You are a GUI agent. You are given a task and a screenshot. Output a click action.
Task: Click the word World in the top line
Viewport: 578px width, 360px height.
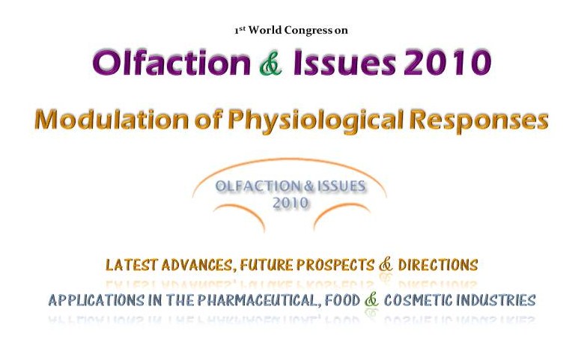pyautogui.click(x=265, y=30)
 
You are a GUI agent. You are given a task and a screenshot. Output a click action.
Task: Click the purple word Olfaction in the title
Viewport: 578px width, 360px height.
pyautogui.click(x=171, y=63)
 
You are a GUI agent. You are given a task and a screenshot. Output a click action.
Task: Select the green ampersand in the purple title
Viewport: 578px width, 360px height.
pyautogui.click(x=271, y=64)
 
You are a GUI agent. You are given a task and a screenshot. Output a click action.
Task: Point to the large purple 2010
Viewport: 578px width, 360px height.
pyautogui.click(x=448, y=63)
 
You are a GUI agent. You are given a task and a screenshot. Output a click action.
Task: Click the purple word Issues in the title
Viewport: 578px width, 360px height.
pyautogui.click(x=344, y=63)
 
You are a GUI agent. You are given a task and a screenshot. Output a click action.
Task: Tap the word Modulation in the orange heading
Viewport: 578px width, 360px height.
pyautogui.click(x=112, y=120)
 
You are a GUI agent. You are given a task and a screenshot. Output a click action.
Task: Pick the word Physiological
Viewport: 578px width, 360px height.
pyautogui.click(x=314, y=120)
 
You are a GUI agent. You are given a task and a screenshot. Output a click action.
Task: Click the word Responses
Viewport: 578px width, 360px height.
pyautogui.click(x=479, y=120)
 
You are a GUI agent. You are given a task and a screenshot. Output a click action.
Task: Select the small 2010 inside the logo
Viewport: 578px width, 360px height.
pyautogui.click(x=290, y=203)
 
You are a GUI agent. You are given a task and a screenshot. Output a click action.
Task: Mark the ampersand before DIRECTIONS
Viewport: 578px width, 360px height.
pyautogui.click(x=386, y=264)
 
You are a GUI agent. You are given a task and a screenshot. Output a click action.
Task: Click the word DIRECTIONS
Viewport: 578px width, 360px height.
pyautogui.click(x=438, y=265)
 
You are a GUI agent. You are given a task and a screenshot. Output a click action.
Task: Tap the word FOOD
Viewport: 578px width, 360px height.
pyautogui.click(x=342, y=300)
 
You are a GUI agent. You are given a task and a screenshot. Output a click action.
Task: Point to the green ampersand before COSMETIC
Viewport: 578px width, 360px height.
pyautogui.click(x=371, y=300)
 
